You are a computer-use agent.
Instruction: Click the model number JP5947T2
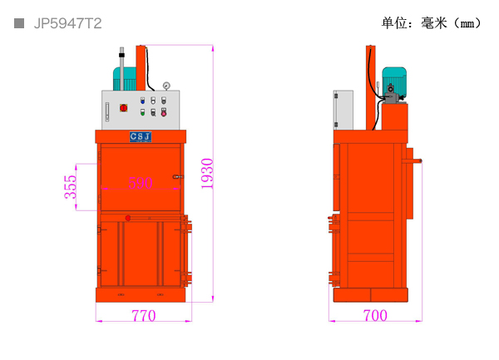pyautogui.click(x=68, y=23)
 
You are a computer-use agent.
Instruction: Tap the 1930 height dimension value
pyautogui.click(x=207, y=173)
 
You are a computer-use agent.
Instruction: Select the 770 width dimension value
pyautogui.click(x=144, y=315)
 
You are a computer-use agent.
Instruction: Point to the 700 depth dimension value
pyautogui.click(x=375, y=315)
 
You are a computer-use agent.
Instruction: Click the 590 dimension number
pyautogui.click(x=141, y=183)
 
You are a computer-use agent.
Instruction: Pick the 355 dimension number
pyautogui.click(x=71, y=187)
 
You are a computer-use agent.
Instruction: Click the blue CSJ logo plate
pyautogui.click(x=141, y=136)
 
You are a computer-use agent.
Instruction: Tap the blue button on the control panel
pyautogui.click(x=142, y=101)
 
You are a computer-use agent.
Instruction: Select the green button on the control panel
pyautogui.click(x=142, y=112)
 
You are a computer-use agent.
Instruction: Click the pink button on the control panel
pyautogui.click(x=164, y=112)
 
